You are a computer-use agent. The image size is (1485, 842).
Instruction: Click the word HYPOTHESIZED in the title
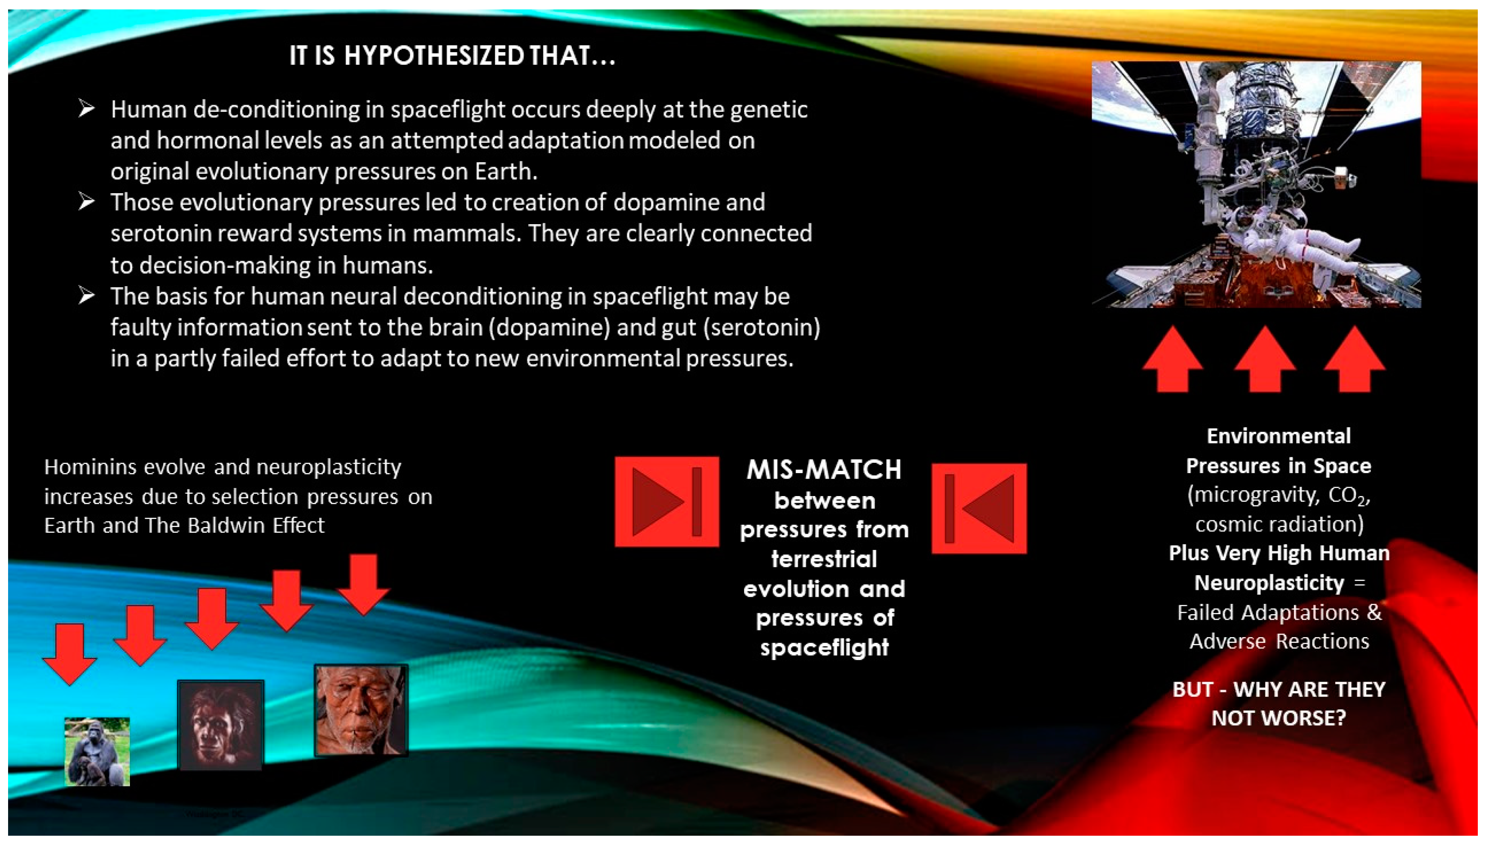(434, 56)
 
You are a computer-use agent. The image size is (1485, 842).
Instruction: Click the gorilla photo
(97, 751)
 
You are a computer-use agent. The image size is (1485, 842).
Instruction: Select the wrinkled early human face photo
(361, 711)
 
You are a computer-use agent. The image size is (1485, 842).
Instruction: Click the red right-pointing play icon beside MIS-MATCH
(666, 501)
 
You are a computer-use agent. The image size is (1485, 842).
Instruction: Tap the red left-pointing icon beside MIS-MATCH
(979, 508)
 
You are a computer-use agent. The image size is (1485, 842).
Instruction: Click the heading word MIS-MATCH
(824, 470)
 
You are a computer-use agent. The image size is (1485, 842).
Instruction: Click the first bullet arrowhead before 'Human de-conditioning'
(87, 109)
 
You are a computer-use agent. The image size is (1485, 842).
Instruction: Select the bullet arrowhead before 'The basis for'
(87, 296)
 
